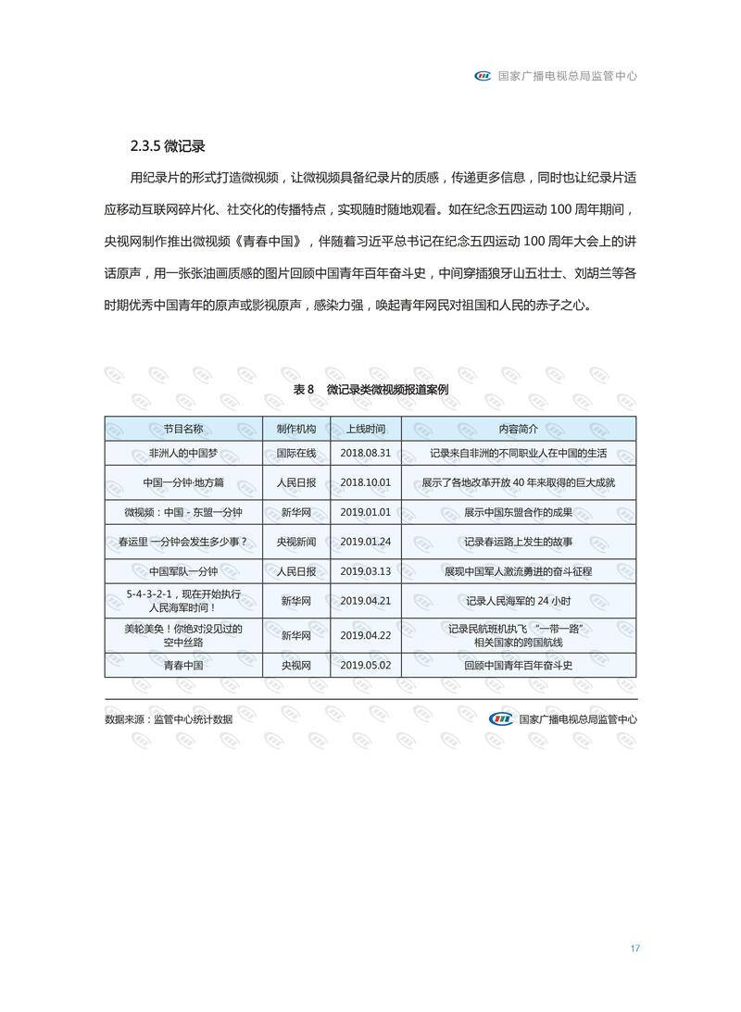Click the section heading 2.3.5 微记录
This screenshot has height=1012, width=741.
point(167,146)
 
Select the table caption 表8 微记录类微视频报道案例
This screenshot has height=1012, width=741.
point(370,390)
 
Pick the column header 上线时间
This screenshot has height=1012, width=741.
point(366,429)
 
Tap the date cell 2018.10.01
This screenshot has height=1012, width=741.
point(366,482)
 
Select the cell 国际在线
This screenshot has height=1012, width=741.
point(296,454)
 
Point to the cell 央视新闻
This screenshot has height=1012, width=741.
point(296,542)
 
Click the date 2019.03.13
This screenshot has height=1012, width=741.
point(366,571)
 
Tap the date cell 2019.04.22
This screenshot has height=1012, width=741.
point(366,636)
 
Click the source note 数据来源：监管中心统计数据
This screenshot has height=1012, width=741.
point(169,718)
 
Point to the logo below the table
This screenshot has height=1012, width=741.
point(500,718)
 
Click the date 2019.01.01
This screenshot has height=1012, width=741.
point(366,512)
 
